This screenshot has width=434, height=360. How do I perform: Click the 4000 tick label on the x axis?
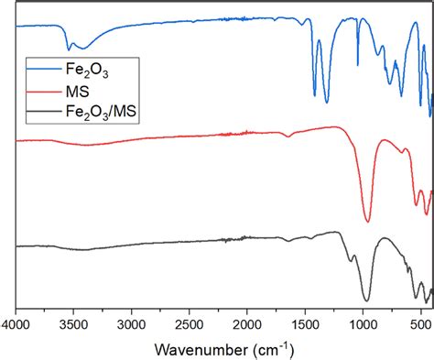[x=16, y=323]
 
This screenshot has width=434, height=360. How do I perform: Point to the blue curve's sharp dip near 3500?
[x=69, y=49]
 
